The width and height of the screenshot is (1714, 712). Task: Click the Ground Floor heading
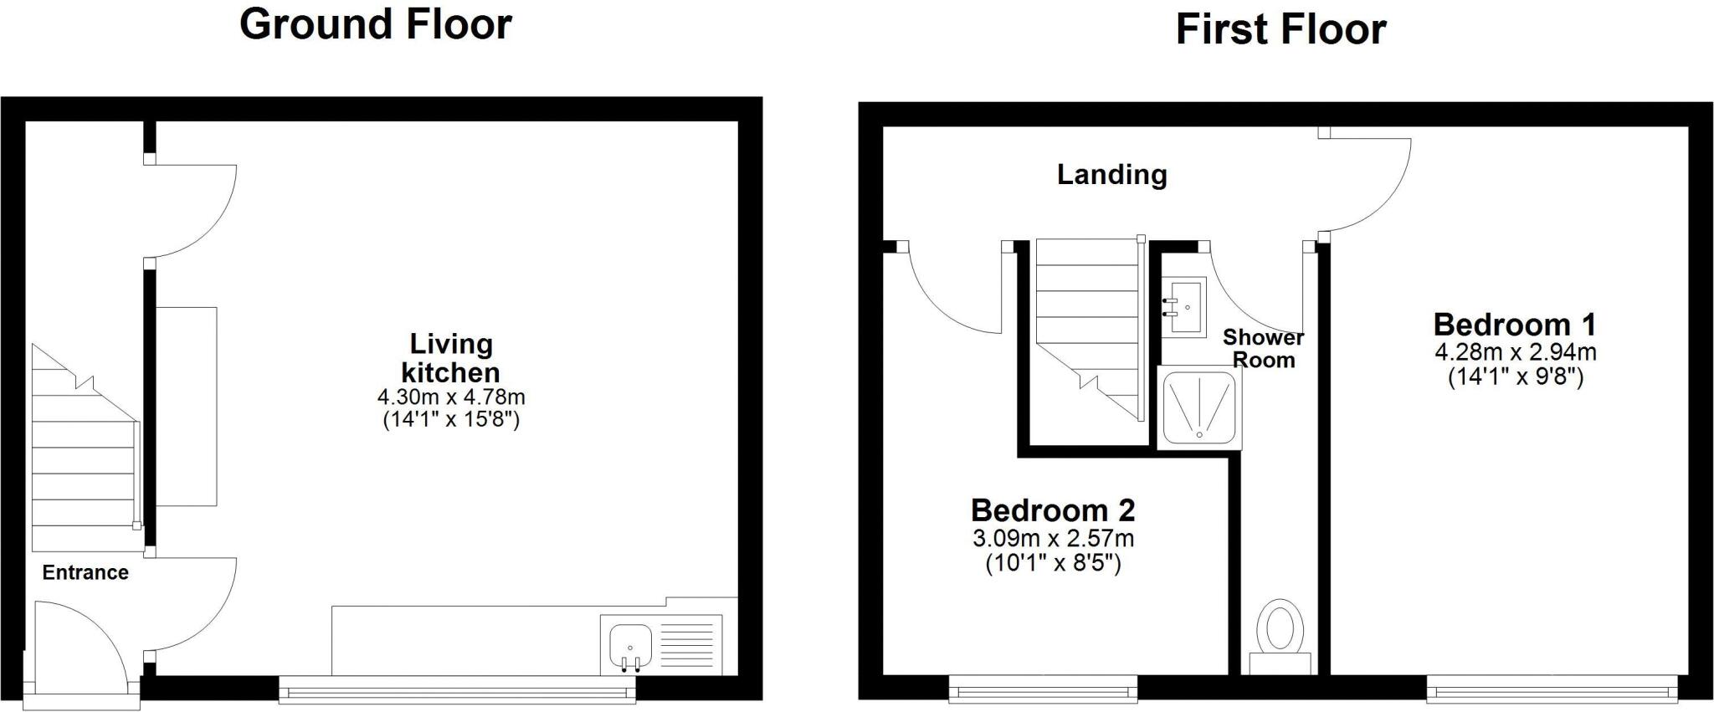coord(376,23)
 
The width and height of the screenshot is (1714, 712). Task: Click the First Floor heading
coord(1280,29)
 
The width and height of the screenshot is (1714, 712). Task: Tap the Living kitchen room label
coord(451,358)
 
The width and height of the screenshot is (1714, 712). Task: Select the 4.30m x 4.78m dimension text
coord(451,397)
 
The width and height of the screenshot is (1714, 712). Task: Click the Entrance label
coord(85,573)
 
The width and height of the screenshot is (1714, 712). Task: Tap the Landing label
coord(1111,174)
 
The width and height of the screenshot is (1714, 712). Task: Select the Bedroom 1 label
coord(1515,325)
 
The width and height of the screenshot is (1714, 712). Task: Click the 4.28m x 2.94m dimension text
coord(1515,352)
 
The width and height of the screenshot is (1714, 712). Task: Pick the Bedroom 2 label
coord(1053,510)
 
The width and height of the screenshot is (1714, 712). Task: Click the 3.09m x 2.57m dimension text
coord(1053,538)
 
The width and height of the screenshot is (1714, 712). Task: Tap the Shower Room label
coord(1263,349)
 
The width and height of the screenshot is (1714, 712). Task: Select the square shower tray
coord(1199,407)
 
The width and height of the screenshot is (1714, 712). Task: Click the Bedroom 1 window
coord(1552,690)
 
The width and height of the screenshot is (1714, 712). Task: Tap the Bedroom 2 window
coord(1043,690)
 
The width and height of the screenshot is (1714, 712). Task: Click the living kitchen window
coord(457,690)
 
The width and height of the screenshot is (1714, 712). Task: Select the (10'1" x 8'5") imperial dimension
coord(1053,563)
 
